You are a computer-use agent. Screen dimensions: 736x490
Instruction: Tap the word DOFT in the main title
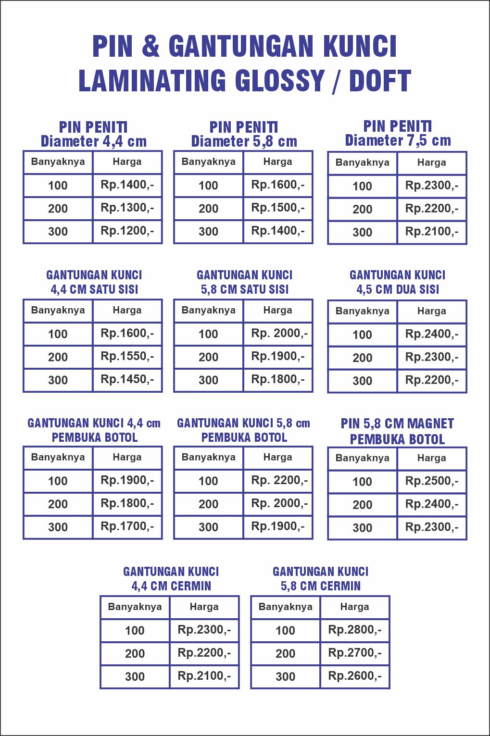380,81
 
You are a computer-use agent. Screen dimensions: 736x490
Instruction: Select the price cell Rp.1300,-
127,208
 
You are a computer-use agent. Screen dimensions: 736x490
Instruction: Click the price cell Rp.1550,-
127,356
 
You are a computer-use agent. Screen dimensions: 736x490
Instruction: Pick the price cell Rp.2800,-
355,630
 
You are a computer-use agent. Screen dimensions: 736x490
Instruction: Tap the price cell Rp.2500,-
432,481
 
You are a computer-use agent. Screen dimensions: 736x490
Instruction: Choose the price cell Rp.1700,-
127,526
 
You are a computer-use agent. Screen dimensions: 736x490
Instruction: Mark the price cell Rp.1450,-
127,379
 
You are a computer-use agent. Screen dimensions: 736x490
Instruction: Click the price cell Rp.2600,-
355,676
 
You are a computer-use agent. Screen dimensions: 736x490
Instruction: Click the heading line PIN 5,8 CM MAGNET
397,424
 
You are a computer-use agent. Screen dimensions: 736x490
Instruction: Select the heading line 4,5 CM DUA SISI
398,289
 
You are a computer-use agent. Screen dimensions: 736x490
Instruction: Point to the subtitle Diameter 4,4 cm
94,141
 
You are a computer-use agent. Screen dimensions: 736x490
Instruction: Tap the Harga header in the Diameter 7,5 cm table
432,162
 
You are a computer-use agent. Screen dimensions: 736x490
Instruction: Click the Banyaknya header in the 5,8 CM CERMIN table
286,607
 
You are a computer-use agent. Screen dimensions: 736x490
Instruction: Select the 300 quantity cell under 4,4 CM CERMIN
135,677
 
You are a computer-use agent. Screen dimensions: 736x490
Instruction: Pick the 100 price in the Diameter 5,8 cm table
277,185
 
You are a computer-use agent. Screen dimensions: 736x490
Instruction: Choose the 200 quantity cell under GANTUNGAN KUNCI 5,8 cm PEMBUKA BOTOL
208,504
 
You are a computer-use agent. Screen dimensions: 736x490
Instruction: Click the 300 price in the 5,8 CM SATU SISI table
277,379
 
